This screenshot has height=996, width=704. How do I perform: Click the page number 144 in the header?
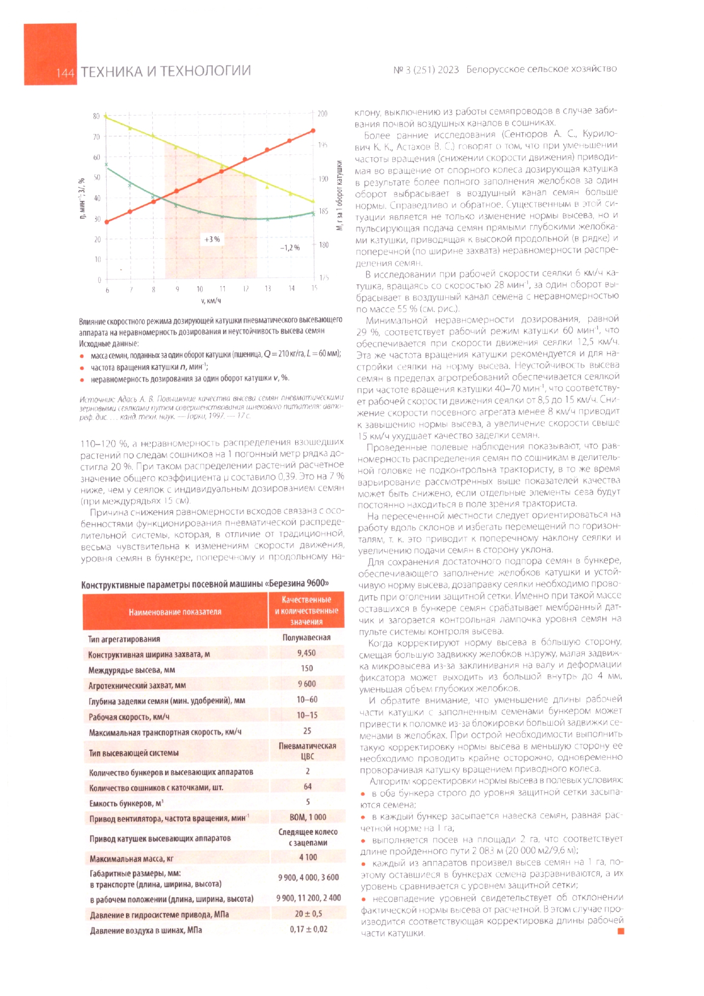[x=65, y=73]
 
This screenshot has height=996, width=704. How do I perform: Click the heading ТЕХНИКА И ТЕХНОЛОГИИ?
[x=165, y=72]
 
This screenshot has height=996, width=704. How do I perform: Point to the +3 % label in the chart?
[x=212, y=239]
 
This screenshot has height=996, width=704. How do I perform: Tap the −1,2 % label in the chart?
[x=290, y=248]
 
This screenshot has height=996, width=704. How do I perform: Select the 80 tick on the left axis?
[x=97, y=116]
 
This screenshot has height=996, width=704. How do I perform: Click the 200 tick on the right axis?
[x=322, y=114]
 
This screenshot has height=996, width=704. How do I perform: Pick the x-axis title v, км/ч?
[x=211, y=301]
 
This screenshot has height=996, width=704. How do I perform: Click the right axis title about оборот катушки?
[x=340, y=195]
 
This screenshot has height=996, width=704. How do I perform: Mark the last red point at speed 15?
[x=313, y=131]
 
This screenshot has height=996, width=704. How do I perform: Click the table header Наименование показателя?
[x=175, y=612]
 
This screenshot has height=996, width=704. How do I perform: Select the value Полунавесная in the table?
[x=307, y=637]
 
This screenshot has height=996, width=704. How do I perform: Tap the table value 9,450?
[x=307, y=653]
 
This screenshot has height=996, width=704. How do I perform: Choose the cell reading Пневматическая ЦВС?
[x=307, y=751]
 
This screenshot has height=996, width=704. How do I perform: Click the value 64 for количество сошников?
[x=308, y=787]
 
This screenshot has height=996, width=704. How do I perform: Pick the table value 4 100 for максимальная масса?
[x=308, y=857]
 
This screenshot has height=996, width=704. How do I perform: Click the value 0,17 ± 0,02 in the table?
[x=308, y=929]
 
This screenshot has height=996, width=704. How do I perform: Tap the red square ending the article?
[x=621, y=931]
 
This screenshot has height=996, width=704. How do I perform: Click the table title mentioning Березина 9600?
[x=205, y=584]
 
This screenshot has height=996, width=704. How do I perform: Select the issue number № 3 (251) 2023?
[x=426, y=70]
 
